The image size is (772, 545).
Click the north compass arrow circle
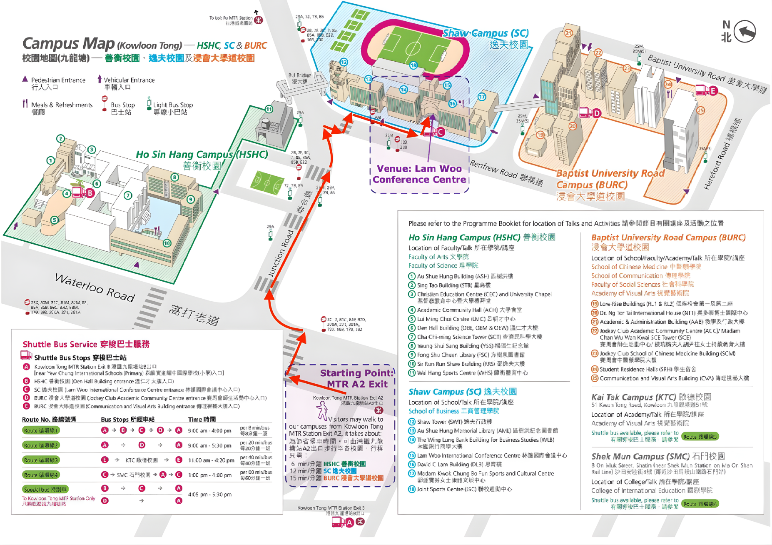745,31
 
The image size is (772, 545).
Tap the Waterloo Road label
95,287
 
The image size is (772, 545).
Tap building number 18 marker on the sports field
413,65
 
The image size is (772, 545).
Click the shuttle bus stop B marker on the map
90,193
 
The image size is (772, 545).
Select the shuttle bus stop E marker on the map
713,91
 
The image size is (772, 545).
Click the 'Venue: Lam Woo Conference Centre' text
419,174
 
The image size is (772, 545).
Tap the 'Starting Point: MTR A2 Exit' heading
356,378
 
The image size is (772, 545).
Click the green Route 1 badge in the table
41,430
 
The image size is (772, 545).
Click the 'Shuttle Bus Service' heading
86,344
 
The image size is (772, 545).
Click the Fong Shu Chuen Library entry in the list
471,355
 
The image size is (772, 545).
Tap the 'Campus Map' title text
69,44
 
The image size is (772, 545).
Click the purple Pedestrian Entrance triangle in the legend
25,79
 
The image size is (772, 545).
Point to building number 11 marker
269,109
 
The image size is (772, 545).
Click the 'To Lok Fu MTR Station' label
231,18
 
